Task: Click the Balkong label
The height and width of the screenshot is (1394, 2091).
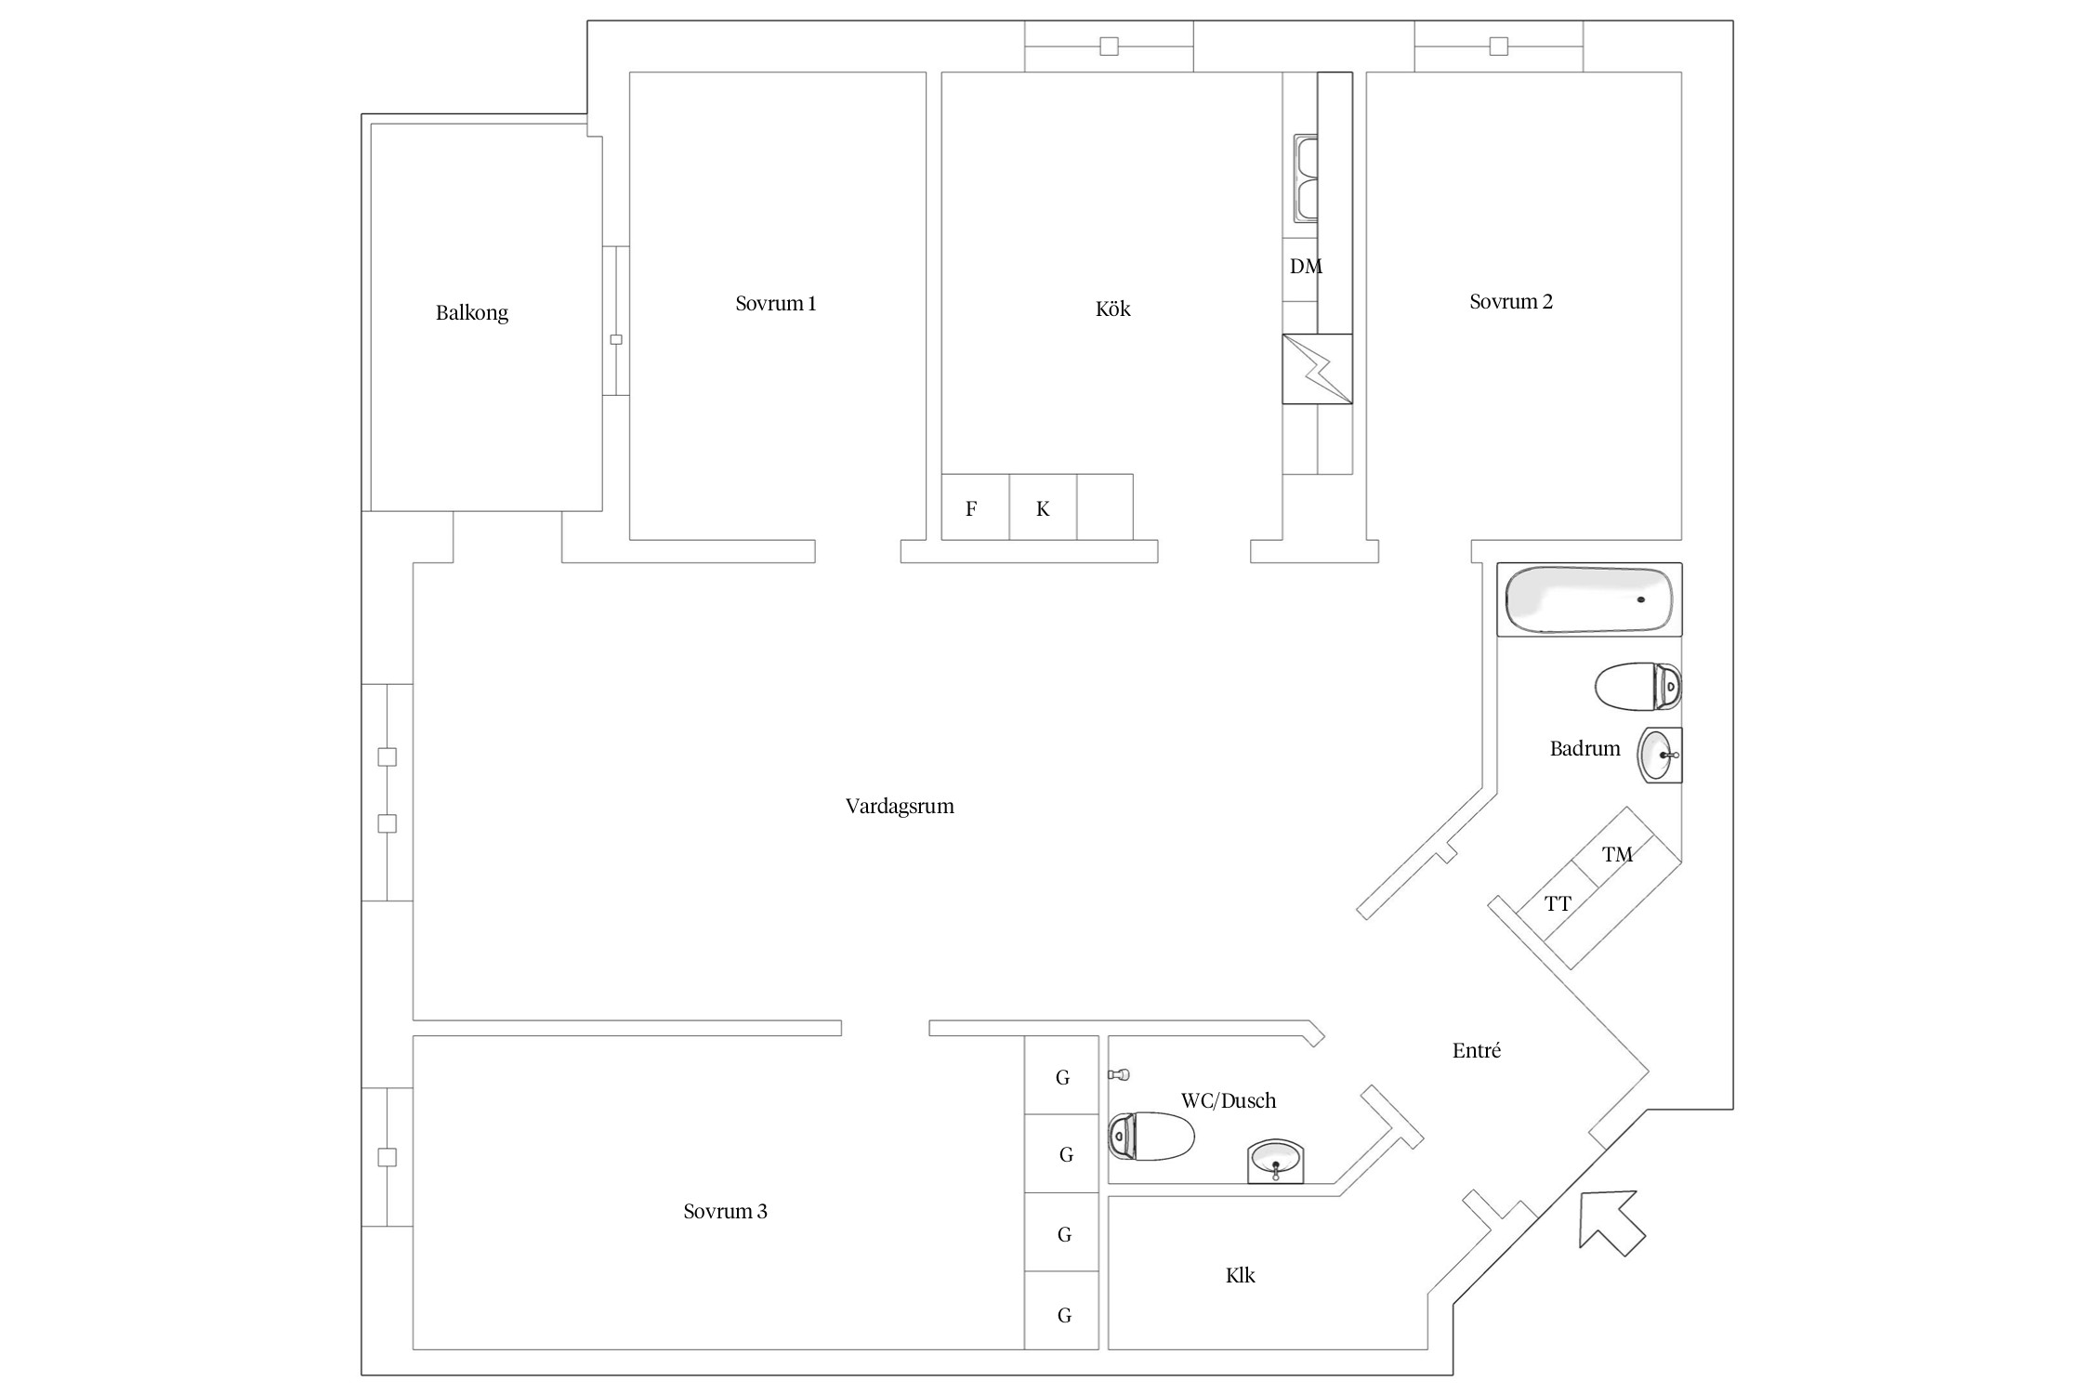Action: (x=472, y=313)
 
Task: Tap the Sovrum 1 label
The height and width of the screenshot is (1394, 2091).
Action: (x=776, y=304)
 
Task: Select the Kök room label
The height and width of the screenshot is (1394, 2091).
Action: (x=1112, y=309)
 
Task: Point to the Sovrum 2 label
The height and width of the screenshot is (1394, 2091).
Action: (x=1511, y=302)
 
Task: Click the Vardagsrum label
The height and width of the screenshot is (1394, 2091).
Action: (x=900, y=807)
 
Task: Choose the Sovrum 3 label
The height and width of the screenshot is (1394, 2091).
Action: (x=725, y=1212)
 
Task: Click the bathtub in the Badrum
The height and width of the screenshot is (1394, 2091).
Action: (x=1588, y=599)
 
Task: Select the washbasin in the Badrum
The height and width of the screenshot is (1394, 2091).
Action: (x=1659, y=756)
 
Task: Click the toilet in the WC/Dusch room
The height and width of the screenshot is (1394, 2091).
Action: (x=1151, y=1136)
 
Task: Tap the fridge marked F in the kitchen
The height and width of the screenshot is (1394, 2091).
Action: (x=972, y=508)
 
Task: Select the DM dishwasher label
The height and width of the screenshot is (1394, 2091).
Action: (x=1305, y=267)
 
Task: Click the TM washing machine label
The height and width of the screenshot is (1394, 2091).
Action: (x=1617, y=855)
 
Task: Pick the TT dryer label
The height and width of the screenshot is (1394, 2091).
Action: (x=1558, y=903)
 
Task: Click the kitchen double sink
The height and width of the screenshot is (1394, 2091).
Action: (x=1306, y=178)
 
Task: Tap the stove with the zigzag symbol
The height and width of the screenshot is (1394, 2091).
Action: (x=1317, y=369)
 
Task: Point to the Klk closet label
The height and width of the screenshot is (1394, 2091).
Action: (x=1240, y=1276)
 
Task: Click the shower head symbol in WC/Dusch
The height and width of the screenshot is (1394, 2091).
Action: (x=1120, y=1074)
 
